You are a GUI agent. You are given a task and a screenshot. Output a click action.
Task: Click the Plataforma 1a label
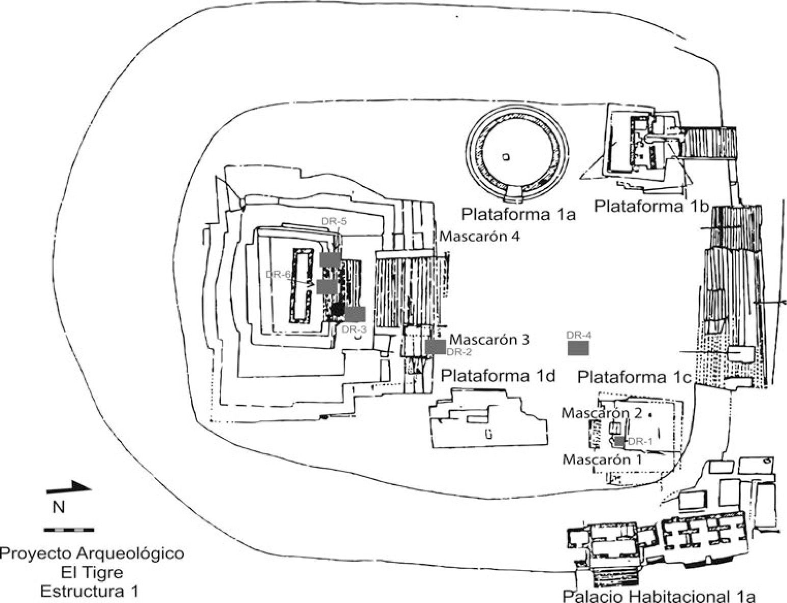point(518,214)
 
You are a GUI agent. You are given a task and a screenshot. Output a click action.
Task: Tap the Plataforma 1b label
point(652,206)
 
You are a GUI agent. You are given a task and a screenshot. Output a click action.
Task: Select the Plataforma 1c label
point(635,377)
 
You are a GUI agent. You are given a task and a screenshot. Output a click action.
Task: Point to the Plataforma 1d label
point(498,376)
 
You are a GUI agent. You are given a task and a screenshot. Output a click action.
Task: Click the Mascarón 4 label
point(480,237)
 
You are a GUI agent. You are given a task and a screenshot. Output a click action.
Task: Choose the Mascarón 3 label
point(490,339)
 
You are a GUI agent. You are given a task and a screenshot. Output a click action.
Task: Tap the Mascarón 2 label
point(602,413)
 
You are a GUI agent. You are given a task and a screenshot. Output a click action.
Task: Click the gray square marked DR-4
point(578,348)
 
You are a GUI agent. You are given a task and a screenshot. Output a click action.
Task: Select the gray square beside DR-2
point(436,347)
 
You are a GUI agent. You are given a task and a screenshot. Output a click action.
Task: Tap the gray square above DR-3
point(355,314)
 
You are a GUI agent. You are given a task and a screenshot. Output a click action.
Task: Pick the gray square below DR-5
point(330,259)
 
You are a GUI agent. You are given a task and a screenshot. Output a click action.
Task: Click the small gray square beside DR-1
point(620,441)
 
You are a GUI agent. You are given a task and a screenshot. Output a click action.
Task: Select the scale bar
point(69,530)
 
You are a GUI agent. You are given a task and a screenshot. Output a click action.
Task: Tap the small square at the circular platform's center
point(506,156)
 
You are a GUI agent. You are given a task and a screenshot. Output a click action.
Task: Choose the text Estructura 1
point(89,591)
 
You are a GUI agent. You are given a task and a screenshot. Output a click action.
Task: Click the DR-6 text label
point(278,274)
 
